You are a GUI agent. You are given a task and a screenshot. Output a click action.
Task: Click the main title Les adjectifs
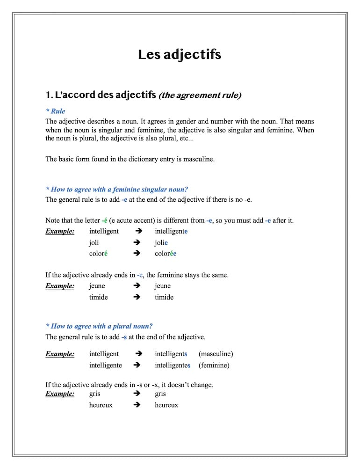[180, 55]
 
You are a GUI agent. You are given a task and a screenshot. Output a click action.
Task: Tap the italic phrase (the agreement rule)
[200, 95]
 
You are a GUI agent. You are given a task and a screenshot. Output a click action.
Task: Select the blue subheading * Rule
[56, 111]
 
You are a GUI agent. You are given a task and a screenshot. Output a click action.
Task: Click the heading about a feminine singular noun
[117, 190]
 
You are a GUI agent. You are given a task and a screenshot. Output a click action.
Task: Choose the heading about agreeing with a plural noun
[99, 326]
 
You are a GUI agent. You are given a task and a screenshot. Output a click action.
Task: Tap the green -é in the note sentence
[104, 220]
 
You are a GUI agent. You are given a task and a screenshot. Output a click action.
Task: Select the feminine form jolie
[161, 242]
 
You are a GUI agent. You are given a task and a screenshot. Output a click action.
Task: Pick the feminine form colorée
[166, 254]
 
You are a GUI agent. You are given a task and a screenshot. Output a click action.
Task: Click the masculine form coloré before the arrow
[99, 254]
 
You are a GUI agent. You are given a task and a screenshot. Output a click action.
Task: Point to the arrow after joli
[137, 242]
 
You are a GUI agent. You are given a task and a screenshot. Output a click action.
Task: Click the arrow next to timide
[137, 297]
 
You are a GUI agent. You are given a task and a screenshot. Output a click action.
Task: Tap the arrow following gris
[137, 394]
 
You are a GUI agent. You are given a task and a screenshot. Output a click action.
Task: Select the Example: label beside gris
[60, 394]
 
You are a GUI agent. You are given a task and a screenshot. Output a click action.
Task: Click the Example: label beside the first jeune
[60, 286]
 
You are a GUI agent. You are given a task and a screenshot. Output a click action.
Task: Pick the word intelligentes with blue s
[173, 365]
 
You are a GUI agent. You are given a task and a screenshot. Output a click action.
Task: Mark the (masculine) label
[216, 354]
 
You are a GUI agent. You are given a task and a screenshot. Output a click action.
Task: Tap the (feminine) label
[214, 365]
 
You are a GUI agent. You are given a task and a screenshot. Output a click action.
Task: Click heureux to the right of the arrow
[166, 405]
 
